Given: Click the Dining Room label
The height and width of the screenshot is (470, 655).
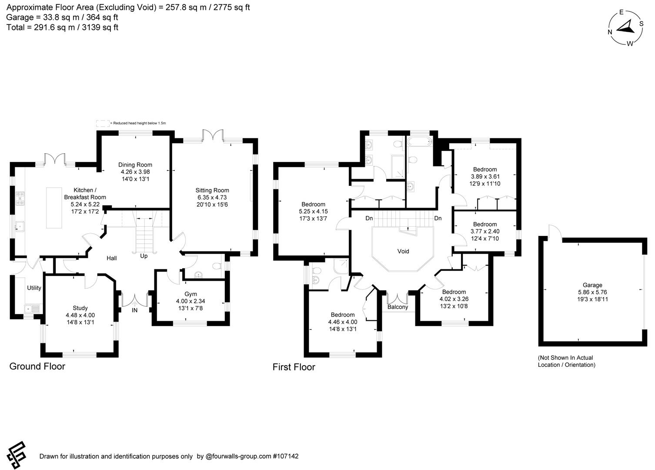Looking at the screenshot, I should (135, 165).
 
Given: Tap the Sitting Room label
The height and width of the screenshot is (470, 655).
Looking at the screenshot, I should (212, 190).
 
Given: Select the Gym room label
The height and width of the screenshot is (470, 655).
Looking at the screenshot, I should (190, 294).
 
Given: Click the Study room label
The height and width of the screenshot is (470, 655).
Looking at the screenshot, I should (80, 308).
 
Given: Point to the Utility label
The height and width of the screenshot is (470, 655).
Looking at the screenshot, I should (34, 288).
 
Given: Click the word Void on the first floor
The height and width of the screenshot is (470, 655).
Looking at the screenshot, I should (403, 251).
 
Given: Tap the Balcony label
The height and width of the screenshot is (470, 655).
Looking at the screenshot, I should (398, 307).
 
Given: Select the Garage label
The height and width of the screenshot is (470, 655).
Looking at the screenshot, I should (592, 285).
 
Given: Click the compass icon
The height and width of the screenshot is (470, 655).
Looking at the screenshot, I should (626, 28).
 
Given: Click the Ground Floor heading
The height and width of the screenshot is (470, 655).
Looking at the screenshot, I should (37, 366).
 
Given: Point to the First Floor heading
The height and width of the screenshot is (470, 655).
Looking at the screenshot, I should (294, 367).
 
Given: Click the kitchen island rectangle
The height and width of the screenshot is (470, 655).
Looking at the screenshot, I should (54, 208).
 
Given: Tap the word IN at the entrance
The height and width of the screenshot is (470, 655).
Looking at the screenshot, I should (135, 310).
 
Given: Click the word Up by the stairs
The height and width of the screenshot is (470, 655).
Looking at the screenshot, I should (144, 256).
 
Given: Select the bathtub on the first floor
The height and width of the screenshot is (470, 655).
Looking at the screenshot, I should (419, 141).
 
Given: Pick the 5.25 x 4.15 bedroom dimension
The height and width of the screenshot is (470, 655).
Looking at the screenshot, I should (313, 211).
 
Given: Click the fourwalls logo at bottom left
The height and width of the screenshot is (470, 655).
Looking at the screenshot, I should (16, 455).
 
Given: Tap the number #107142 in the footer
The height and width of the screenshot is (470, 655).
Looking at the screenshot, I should (286, 457).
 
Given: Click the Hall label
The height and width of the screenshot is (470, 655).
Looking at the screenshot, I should (112, 258).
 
